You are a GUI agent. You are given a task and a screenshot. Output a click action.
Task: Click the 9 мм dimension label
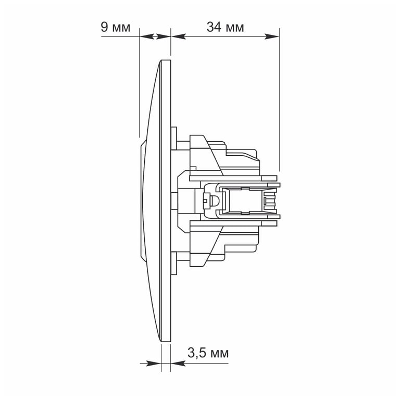point(116,27)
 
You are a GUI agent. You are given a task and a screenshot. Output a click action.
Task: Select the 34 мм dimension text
point(225,27)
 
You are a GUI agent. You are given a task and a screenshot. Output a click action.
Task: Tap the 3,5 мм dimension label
point(208,353)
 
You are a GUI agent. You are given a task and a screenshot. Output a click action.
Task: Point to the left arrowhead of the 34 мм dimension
point(178,36)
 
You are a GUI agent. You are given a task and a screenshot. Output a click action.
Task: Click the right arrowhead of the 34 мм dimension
point(272,36)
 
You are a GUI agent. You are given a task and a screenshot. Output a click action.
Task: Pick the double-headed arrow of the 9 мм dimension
point(155,36)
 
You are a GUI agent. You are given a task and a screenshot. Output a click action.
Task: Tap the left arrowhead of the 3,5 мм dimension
point(154,363)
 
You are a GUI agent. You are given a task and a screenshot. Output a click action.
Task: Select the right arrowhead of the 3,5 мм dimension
point(178,363)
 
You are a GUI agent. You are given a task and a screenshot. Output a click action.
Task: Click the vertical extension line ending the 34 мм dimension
point(280,99)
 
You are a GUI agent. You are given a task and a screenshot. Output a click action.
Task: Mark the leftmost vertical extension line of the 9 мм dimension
point(140,83)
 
